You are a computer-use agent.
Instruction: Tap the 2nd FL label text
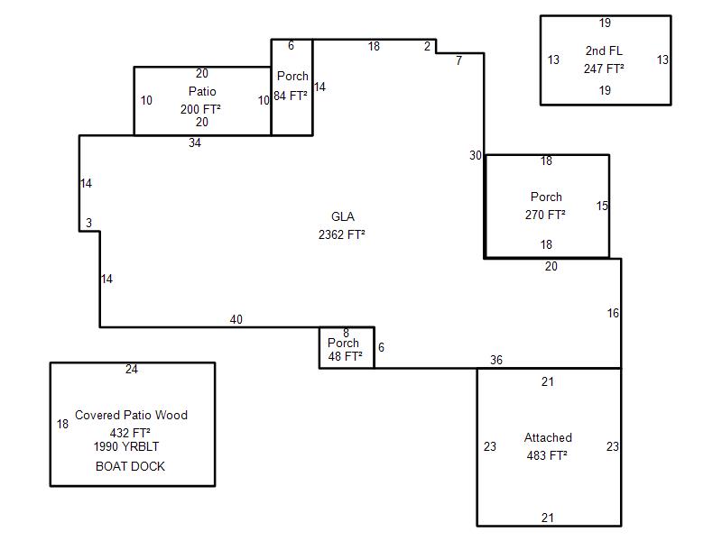point(604,51)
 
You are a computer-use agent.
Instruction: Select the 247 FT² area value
point(604,69)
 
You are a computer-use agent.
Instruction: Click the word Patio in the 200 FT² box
point(202,92)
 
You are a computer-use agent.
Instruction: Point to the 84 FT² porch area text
point(292,96)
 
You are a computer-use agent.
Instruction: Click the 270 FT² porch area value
point(545,215)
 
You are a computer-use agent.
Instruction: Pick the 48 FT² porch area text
point(345,357)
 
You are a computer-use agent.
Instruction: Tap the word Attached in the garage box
point(548,438)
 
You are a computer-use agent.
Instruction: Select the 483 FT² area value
point(547,455)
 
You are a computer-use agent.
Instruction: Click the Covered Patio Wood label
point(131,416)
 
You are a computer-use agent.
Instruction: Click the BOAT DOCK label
point(130,467)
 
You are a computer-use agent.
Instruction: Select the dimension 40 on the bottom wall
point(236,320)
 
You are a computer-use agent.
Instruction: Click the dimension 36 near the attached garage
point(496,361)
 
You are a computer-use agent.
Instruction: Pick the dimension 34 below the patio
point(195,142)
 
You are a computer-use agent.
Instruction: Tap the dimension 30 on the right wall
point(476,156)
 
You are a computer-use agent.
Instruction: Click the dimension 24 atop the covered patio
point(132,370)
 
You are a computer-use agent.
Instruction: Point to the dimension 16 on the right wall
point(614,314)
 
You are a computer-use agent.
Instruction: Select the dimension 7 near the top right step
point(458,61)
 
